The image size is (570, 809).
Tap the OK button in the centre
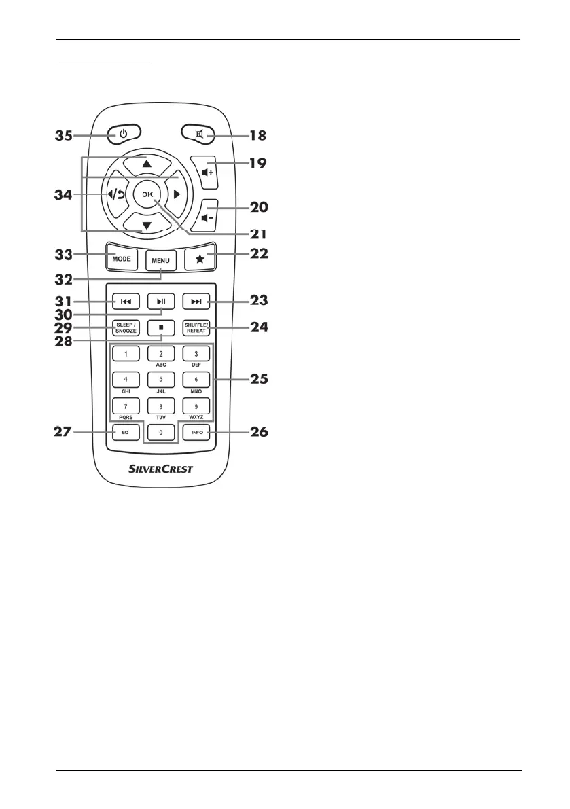(x=147, y=194)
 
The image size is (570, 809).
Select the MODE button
(x=122, y=258)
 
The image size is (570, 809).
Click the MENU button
(x=161, y=262)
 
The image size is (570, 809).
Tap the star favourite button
(x=200, y=259)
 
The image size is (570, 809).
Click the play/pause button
(x=161, y=301)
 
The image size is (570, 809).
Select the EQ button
(x=126, y=432)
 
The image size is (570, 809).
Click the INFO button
(x=196, y=432)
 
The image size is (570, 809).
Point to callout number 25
(x=255, y=379)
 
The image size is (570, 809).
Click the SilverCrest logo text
(x=161, y=469)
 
